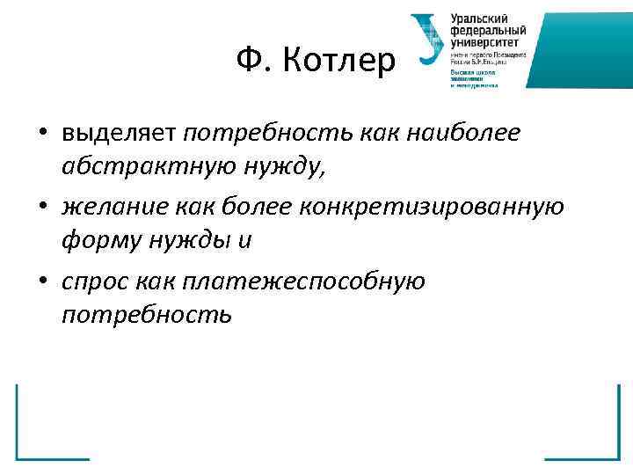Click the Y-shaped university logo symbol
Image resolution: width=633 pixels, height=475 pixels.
pyautogui.click(x=430, y=40)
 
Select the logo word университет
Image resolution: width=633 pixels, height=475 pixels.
pyautogui.click(x=485, y=40)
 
